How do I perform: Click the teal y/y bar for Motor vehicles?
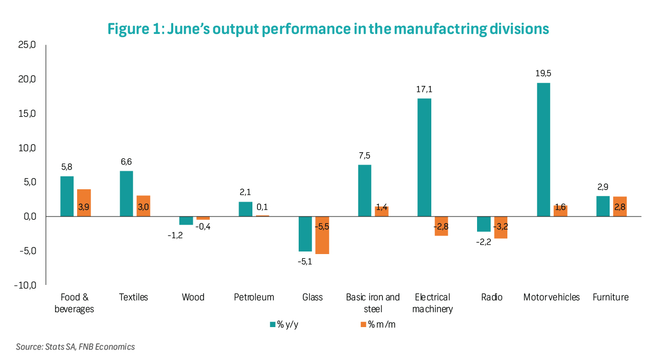tap(543, 150)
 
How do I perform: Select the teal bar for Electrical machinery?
tap(424, 157)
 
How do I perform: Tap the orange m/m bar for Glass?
tap(322, 235)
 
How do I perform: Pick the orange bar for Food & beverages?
tap(84, 203)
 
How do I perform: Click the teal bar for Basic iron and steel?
tap(364, 190)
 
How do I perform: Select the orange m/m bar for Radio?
tap(501, 227)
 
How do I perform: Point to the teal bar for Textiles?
tap(126, 193)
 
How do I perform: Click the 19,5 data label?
tap(543, 74)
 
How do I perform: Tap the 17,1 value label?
tap(424, 89)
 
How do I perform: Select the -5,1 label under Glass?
tap(305, 261)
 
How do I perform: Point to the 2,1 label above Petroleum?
tap(245, 192)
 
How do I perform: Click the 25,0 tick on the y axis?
tap(26, 45)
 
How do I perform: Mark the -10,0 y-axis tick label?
tap(24, 285)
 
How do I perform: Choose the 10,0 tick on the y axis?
tap(26, 148)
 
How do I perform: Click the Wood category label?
tap(193, 297)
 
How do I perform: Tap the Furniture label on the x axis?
tap(610, 297)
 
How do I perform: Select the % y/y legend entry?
tap(284, 325)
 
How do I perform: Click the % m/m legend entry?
tap(378, 325)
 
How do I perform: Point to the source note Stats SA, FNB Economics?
tap(76, 347)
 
